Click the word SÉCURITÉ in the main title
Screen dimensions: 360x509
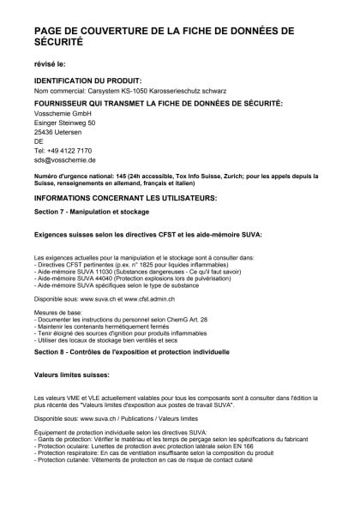coord(58,41)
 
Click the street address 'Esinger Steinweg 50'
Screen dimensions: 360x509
coord(64,124)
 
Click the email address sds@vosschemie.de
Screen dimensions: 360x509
coord(65,160)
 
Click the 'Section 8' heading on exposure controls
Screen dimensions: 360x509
coord(119,352)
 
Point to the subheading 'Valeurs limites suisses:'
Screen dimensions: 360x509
coord(71,374)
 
